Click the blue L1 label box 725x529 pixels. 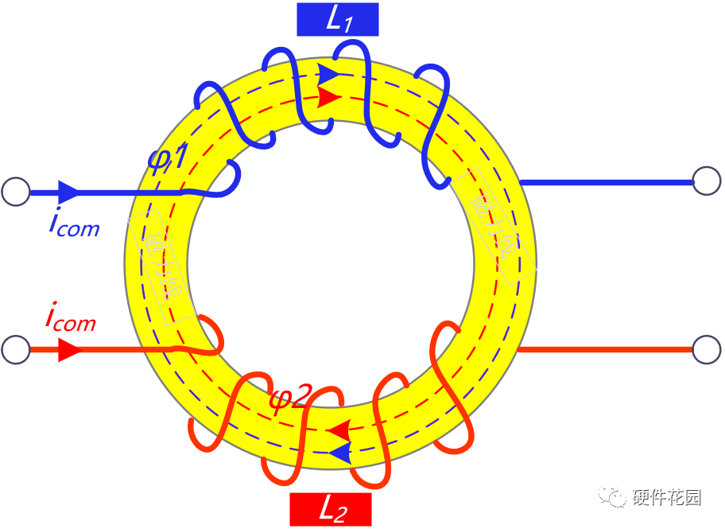point(337,21)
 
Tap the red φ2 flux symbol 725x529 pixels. point(288,396)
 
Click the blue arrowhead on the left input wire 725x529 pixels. point(68,192)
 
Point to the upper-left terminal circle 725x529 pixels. point(15,192)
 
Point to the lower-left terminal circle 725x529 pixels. point(15,349)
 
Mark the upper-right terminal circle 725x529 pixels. point(706,181)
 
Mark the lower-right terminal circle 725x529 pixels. point(706,349)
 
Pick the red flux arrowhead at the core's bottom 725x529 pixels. point(338,431)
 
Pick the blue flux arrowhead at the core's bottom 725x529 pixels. point(339,453)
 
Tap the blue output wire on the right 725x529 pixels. point(604,182)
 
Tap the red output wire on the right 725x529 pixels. point(604,349)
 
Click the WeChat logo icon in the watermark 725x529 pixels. point(614,497)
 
